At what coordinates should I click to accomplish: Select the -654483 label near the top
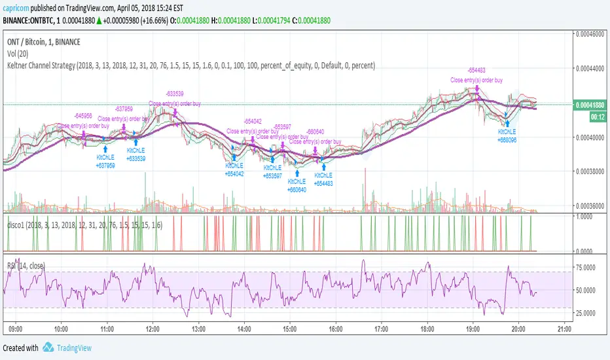(476, 70)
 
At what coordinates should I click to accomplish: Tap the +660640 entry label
(296, 190)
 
